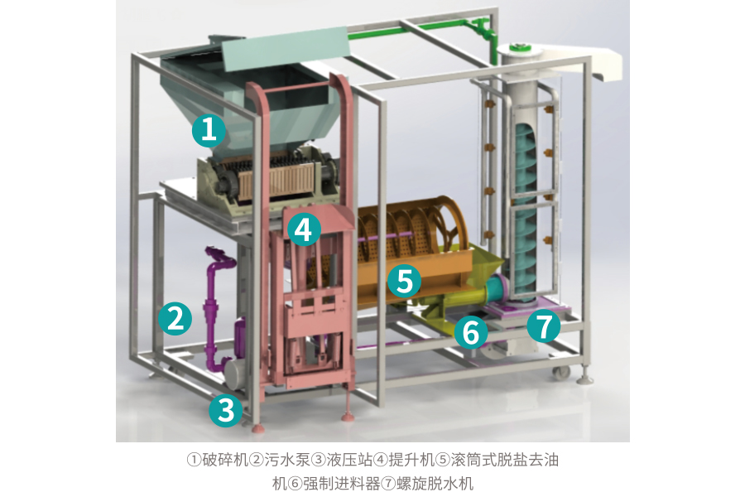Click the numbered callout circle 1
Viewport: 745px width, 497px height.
209,129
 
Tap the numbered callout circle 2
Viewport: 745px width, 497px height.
175,318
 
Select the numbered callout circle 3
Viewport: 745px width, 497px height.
226,409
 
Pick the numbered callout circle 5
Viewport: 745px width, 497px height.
404,280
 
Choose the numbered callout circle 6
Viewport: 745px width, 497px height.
471,331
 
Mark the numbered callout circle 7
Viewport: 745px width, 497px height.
544,326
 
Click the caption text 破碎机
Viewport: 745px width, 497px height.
225,460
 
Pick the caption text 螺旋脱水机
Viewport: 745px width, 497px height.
435,484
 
